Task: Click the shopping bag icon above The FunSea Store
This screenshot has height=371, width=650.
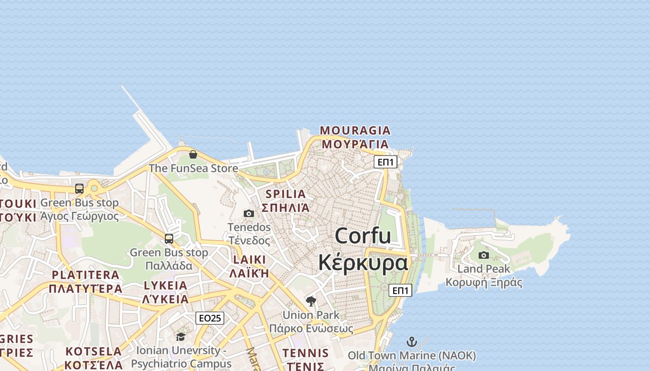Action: [x=193, y=154]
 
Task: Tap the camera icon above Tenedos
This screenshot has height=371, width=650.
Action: [x=249, y=213]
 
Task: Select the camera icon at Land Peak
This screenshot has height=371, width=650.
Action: [x=484, y=255]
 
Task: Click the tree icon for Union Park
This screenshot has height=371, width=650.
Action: [x=311, y=301]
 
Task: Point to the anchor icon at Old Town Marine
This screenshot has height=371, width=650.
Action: [x=412, y=342]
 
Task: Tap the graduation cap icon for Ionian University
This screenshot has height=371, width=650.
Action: [x=181, y=337]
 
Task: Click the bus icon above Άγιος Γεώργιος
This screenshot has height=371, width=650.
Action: [x=79, y=189]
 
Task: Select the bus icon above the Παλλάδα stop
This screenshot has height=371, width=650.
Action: [x=169, y=239]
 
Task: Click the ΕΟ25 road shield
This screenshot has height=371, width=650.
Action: [x=210, y=318]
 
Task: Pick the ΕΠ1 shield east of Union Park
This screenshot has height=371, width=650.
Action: [x=400, y=290]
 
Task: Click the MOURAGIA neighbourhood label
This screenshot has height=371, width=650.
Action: [x=355, y=130]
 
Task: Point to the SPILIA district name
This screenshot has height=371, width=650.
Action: [x=286, y=194]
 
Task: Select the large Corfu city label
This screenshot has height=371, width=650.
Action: [x=363, y=236]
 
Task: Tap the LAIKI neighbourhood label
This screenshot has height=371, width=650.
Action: [x=250, y=259]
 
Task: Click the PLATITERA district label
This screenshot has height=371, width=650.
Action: [x=86, y=275]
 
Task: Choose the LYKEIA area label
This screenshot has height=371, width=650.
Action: [x=165, y=285]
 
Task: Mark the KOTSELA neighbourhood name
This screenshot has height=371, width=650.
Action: [x=94, y=351]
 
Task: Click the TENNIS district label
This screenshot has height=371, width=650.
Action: [x=305, y=353]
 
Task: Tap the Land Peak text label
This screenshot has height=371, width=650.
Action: [x=484, y=269]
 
